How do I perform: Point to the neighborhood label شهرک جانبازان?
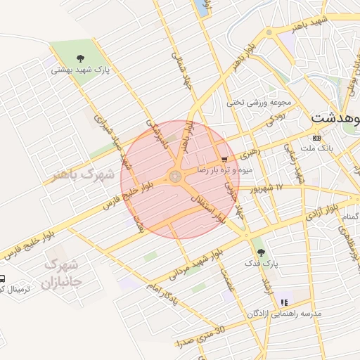[62, 274]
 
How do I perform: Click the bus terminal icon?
[2, 279]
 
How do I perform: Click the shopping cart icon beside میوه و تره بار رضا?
[224, 160]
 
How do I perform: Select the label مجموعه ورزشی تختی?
[254, 102]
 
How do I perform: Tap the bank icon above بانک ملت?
[316, 137]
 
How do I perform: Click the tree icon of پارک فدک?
[261, 252]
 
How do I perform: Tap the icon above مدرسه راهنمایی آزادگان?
[283, 302]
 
